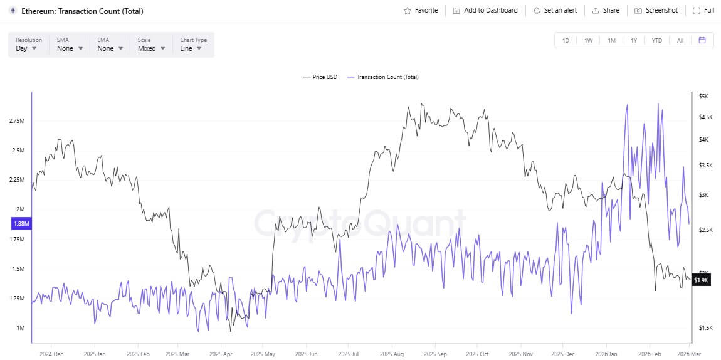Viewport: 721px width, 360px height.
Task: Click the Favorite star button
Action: coord(421,11)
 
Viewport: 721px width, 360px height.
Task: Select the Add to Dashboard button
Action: coord(485,11)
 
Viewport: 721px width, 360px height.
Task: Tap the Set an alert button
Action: coord(555,11)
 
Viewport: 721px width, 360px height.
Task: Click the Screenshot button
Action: coord(656,11)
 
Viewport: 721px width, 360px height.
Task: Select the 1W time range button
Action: coord(588,40)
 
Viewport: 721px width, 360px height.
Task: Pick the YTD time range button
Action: coord(656,40)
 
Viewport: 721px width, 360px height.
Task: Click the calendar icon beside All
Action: coord(702,40)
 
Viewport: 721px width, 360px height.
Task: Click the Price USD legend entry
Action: coord(320,77)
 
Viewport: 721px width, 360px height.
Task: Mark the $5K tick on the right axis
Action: coord(703,96)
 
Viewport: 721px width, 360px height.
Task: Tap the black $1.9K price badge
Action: coord(700,280)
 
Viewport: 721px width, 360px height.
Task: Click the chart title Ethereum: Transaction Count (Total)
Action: coord(82,11)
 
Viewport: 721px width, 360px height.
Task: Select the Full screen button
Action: coord(703,11)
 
